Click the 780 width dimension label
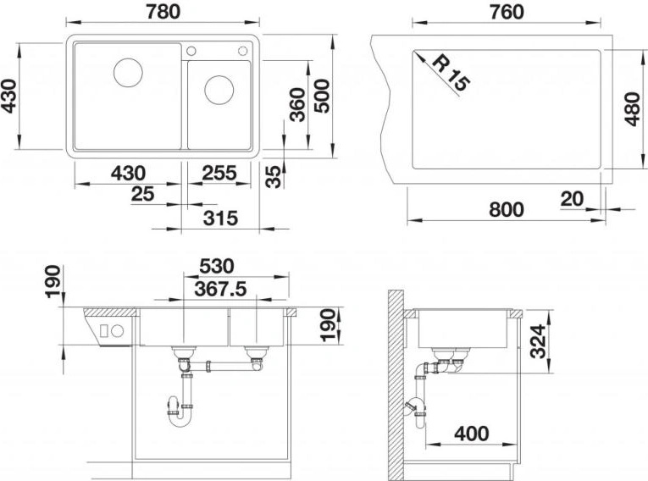pyautogui.click(x=163, y=11)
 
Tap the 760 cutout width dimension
pyautogui.click(x=507, y=12)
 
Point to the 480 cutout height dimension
pyautogui.click(x=633, y=109)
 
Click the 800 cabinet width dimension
pyautogui.click(x=507, y=209)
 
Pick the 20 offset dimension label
pyautogui.click(x=573, y=199)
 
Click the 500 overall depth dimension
pyautogui.click(x=322, y=96)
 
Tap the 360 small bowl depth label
pyautogui.click(x=297, y=104)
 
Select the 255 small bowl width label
pyautogui.click(x=219, y=173)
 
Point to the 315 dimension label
pyautogui.click(x=221, y=218)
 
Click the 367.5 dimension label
pyautogui.click(x=221, y=289)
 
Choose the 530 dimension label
pyautogui.click(x=217, y=266)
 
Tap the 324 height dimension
pyautogui.click(x=538, y=341)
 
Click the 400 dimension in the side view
pyautogui.click(x=472, y=434)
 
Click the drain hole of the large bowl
pyautogui.click(x=128, y=73)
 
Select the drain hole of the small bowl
pyautogui.click(x=219, y=90)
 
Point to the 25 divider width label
pyautogui.click(x=142, y=194)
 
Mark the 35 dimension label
pyautogui.click(x=273, y=176)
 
